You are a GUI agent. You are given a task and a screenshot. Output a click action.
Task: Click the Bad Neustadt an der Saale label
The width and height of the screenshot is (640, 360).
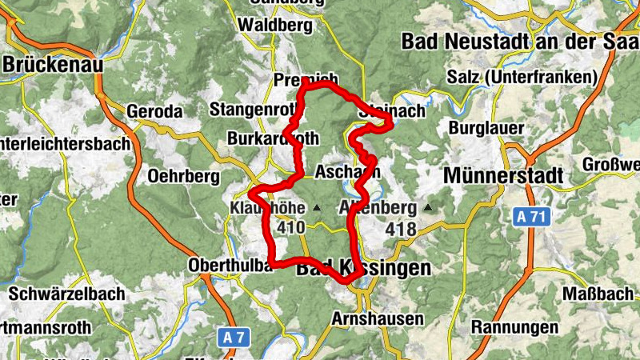tap(520, 40)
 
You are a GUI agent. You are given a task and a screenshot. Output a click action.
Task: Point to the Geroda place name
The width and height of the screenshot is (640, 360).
tap(155, 111)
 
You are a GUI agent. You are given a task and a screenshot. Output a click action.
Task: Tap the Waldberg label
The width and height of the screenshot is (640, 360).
tap(274, 26)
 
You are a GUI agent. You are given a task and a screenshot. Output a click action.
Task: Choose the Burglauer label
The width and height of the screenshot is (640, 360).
tap(487, 128)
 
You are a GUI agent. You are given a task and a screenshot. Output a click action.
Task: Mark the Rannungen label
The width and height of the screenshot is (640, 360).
tap(514, 327)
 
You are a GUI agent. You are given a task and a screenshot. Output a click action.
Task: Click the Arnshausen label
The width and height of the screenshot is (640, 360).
tap(377, 318)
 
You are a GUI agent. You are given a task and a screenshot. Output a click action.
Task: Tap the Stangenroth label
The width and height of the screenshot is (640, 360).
tap(250, 109)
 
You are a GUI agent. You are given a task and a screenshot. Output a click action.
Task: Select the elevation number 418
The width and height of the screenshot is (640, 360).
tap(401, 230)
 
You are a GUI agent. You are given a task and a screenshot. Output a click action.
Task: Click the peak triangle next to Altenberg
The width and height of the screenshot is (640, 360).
tap(427, 209)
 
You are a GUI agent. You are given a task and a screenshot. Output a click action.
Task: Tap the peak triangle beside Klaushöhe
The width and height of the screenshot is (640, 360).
tap(317, 209)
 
